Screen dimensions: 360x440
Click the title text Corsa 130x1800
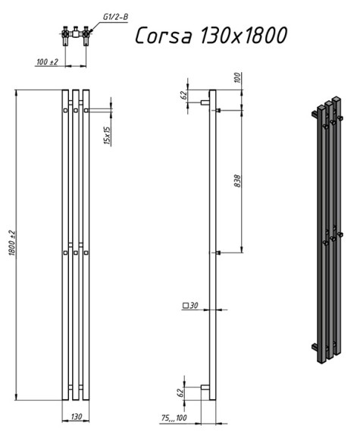211,36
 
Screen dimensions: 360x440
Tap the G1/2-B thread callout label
115,17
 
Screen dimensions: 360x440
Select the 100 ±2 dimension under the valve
47,61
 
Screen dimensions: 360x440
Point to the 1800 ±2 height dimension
13,243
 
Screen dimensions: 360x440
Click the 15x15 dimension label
108,135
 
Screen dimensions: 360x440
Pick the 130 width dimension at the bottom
76,416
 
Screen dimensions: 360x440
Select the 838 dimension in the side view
237,181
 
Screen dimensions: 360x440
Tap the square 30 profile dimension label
190,306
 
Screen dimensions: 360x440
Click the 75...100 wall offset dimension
174,418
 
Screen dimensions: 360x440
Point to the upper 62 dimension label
184,95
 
